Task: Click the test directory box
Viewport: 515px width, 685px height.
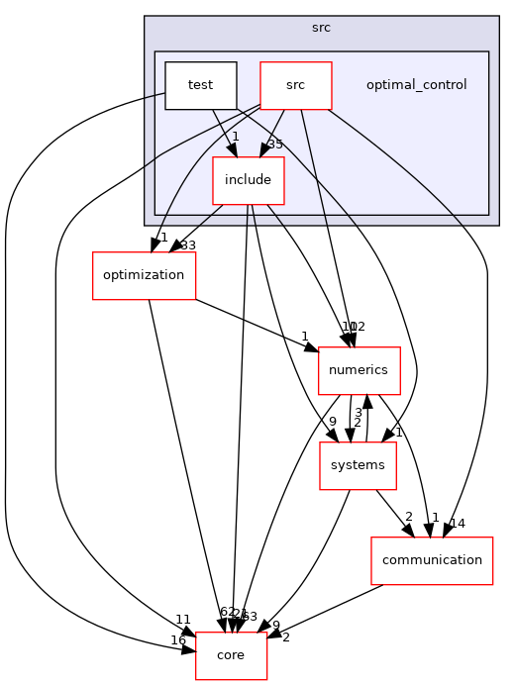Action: (x=201, y=85)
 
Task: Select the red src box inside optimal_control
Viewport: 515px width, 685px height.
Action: (x=295, y=85)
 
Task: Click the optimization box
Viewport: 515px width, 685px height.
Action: (x=144, y=275)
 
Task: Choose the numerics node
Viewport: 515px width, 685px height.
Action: (x=359, y=371)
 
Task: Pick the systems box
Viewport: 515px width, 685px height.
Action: (x=358, y=465)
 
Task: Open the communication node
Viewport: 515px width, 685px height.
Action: (x=431, y=559)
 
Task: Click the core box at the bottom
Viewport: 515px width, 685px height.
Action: (x=231, y=655)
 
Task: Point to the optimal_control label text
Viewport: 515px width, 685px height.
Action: (x=416, y=85)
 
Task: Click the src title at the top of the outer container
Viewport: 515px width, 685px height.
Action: (x=321, y=28)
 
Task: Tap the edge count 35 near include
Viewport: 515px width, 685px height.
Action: (x=275, y=145)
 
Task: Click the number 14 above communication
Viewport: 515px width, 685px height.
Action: (x=457, y=523)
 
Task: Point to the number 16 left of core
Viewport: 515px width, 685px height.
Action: (x=177, y=640)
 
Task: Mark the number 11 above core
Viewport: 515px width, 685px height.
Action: (x=183, y=620)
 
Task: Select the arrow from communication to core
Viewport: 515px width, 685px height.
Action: (x=327, y=610)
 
